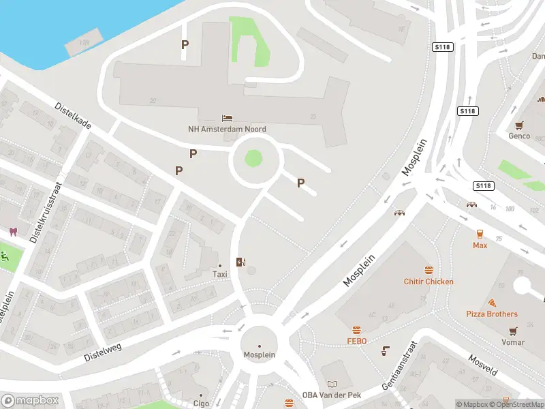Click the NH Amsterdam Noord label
click(x=227, y=129)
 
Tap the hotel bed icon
click(x=227, y=118)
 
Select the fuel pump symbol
click(x=240, y=262)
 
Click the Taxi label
click(x=219, y=274)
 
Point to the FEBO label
click(x=356, y=341)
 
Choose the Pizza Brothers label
click(x=491, y=314)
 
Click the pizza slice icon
click(x=492, y=303)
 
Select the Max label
click(x=480, y=245)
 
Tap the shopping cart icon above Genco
click(x=520, y=125)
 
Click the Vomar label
click(x=513, y=342)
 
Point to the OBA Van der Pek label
click(x=331, y=395)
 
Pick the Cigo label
click(x=200, y=404)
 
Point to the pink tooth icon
click(x=12, y=231)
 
